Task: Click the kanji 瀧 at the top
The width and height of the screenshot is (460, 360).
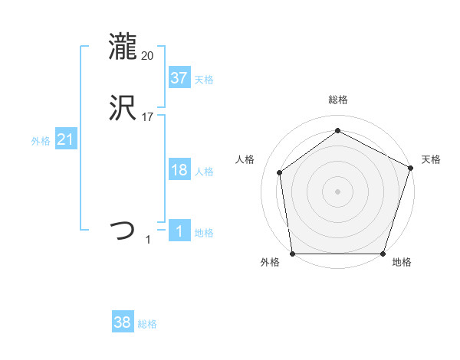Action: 123,47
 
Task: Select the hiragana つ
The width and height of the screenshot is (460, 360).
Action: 123,230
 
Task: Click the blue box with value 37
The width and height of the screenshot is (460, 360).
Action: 179,77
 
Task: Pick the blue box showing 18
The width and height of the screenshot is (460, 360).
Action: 179,170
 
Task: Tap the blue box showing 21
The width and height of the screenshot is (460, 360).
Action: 66,139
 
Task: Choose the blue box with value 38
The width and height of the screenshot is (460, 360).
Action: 123,322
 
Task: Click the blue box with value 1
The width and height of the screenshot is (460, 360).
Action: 179,231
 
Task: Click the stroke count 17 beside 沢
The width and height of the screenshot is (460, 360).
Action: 148,117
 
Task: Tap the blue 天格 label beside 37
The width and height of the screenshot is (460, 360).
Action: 204,80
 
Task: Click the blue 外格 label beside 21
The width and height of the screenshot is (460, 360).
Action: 41,141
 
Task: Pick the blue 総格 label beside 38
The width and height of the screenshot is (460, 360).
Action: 148,325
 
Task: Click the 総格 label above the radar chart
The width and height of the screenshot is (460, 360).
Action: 337,100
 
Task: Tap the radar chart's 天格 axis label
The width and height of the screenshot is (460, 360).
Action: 431,159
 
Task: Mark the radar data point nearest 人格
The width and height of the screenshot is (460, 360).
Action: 280,172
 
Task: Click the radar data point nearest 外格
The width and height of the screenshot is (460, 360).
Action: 292,254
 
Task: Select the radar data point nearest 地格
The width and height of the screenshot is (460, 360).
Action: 383,254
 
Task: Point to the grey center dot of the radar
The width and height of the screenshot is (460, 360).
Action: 337,191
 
